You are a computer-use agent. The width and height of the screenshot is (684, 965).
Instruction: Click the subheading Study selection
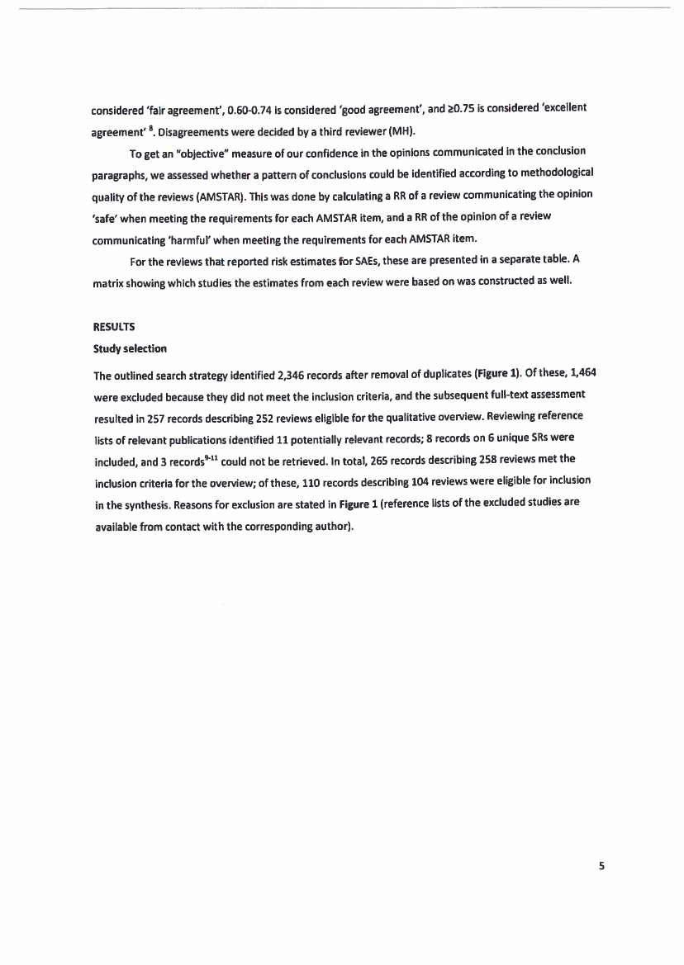[130, 348]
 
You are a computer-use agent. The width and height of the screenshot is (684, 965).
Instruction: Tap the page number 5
[601, 865]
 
